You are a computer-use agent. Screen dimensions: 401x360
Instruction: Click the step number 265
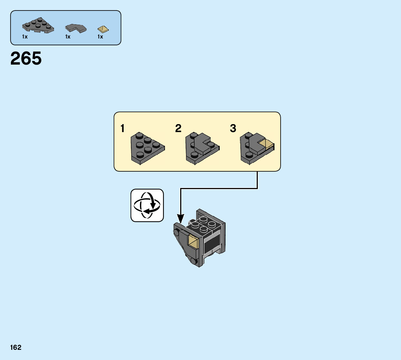pyautogui.click(x=26, y=59)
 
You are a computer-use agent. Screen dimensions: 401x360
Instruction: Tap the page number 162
pyautogui.click(x=16, y=348)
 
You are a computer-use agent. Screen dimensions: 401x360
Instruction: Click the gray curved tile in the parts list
pyautogui.click(x=76, y=28)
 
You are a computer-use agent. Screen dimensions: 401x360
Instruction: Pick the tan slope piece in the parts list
pyautogui.click(x=103, y=29)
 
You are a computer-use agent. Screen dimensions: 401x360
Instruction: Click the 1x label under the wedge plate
pyautogui.click(x=25, y=37)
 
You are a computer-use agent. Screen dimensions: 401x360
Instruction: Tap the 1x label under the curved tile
pyautogui.click(x=68, y=37)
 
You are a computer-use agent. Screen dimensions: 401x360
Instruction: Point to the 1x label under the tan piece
pyautogui.click(x=100, y=37)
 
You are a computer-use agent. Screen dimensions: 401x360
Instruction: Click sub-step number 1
pyautogui.click(x=123, y=128)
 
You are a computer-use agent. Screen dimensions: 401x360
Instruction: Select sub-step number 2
pyautogui.click(x=178, y=128)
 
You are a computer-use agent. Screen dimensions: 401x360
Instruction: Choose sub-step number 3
pyautogui.click(x=233, y=128)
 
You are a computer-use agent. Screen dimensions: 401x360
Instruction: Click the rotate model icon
pyautogui.click(x=147, y=205)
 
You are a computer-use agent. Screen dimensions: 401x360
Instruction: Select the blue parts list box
pyautogui.click(x=66, y=28)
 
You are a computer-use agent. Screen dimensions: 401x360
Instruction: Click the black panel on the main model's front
pyautogui.click(x=213, y=244)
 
